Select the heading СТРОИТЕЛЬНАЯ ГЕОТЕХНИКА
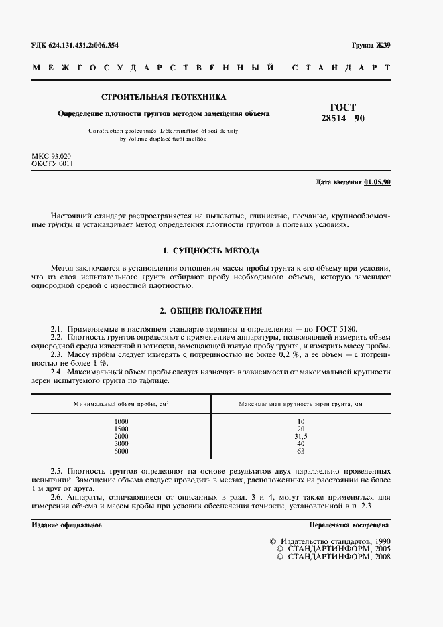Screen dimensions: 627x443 (164, 96)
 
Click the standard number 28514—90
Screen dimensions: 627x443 (342, 119)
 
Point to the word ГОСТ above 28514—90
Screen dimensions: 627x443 (343, 107)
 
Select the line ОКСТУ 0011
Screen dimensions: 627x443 (52, 163)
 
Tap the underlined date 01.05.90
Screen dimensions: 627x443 (377, 182)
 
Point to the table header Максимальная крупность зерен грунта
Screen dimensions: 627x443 (300, 404)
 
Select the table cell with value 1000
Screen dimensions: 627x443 (121, 421)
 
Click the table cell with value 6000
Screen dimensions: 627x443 (121, 451)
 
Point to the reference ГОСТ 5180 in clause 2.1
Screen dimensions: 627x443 (336, 329)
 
